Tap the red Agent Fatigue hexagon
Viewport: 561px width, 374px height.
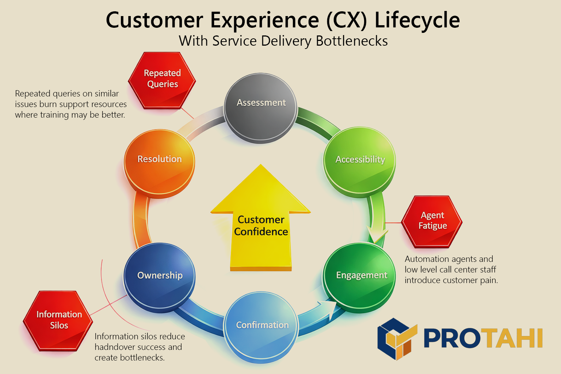(432, 221)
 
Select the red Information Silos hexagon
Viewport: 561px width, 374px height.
(58, 320)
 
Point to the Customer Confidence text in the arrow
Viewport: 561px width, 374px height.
(261, 226)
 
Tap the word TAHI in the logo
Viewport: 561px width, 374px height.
(513, 338)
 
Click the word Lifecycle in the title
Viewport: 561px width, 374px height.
(417, 20)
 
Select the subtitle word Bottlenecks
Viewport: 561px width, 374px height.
(351, 41)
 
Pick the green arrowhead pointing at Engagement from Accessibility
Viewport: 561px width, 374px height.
(377, 236)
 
